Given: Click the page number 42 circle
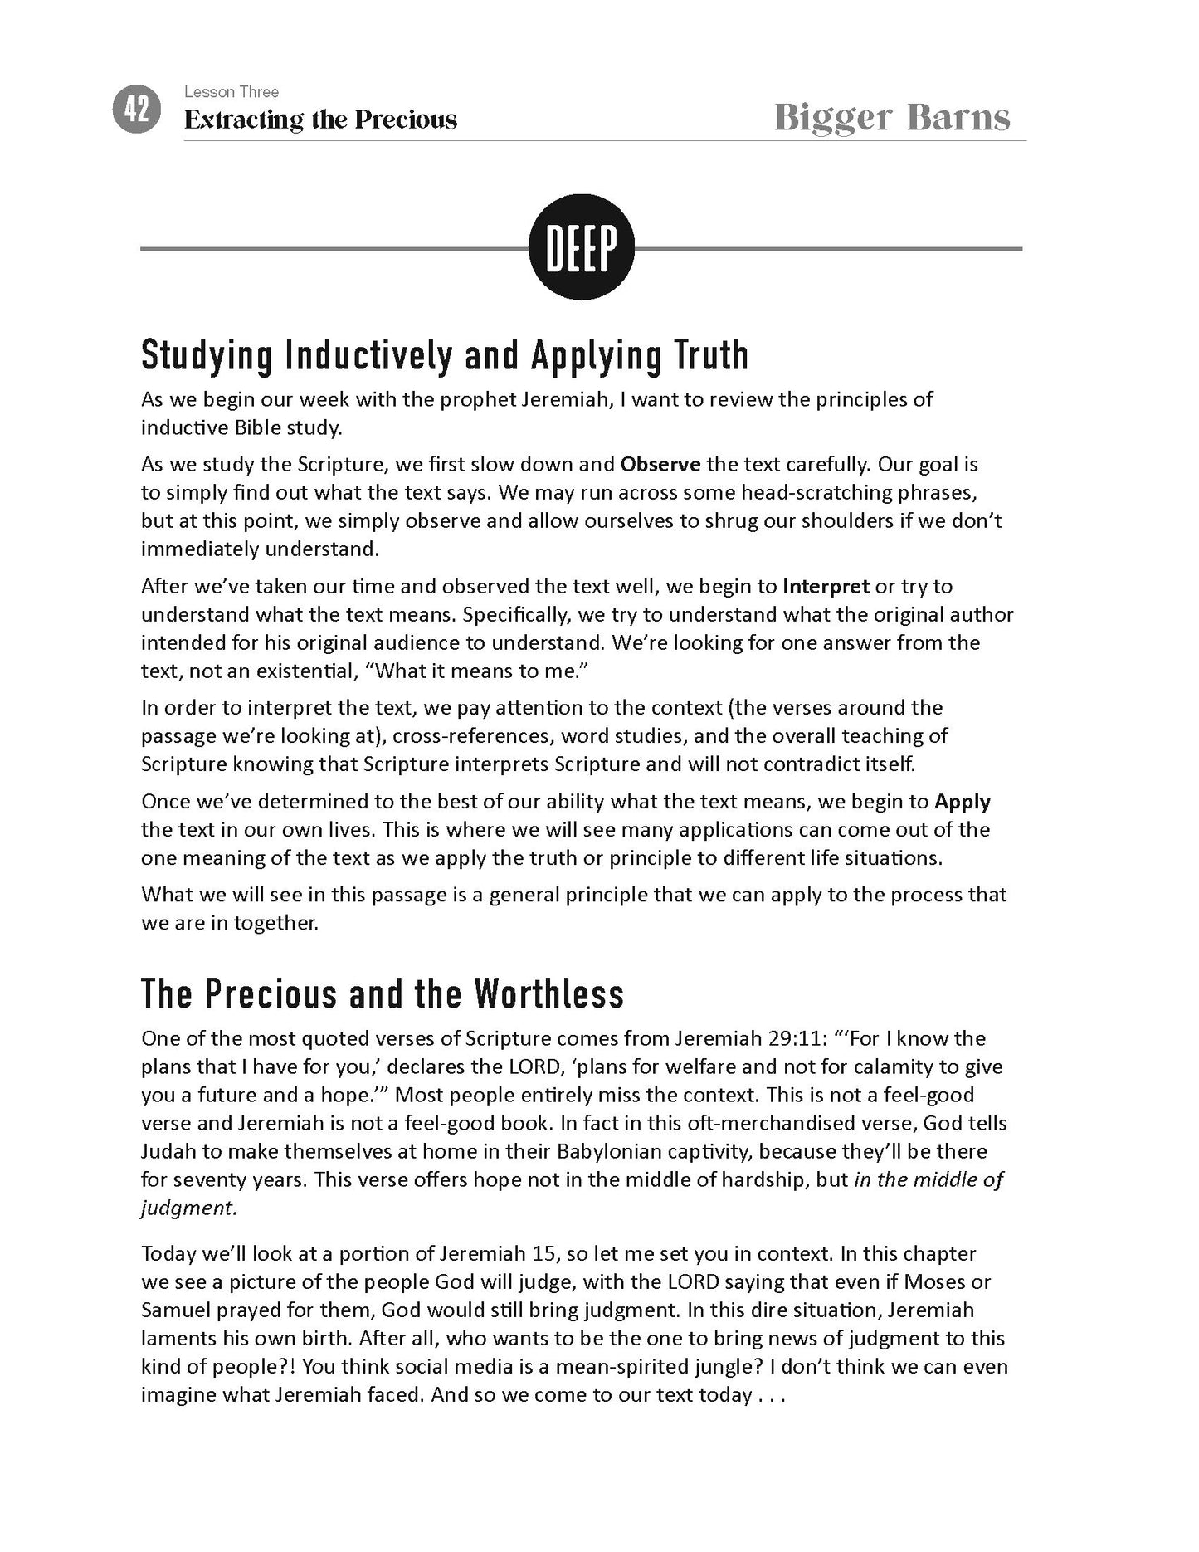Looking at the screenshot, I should pos(136,110).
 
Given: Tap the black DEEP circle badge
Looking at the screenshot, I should pos(582,247).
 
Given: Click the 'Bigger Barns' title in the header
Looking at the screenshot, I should pos(892,118).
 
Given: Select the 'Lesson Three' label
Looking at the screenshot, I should pos(232,92).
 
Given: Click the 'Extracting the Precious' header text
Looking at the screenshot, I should pos(320,120).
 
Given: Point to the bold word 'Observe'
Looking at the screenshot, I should pos(660,464).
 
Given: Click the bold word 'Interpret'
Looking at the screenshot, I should pos(826,587).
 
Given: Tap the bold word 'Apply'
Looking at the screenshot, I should pos(962,802).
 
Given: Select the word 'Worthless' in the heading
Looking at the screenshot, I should pos(548,994).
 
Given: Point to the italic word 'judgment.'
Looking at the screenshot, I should pos(188,1208).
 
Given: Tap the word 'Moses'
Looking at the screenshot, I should pos(935,1282).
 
